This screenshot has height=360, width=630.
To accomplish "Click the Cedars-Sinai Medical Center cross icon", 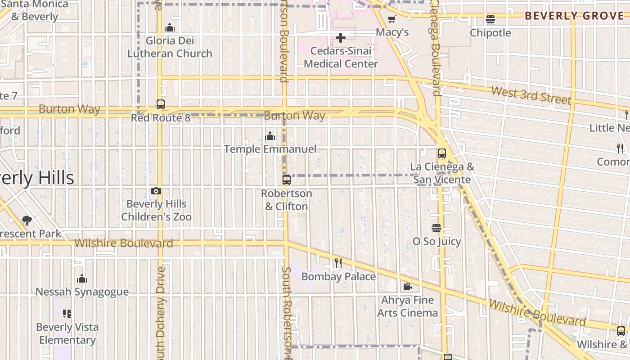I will pyautogui.click(x=341, y=38).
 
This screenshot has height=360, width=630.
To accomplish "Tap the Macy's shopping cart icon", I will pyautogui.click(x=391, y=19).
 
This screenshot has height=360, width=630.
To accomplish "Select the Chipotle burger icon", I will pyautogui.click(x=490, y=19).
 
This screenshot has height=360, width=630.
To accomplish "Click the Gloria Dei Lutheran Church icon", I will pyautogui.click(x=170, y=27).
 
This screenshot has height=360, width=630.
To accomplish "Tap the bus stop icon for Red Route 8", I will pyautogui.click(x=161, y=104).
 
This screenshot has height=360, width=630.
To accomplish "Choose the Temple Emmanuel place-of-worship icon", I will pyautogui.click(x=270, y=135).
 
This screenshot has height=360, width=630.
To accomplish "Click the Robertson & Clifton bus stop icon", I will pyautogui.click(x=287, y=180).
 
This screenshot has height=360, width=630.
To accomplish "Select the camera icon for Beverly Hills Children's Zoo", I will pyautogui.click(x=156, y=191).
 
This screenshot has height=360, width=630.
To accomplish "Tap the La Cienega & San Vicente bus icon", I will pyautogui.click(x=442, y=153).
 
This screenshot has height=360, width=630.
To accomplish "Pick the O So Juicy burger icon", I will pyautogui.click(x=436, y=228).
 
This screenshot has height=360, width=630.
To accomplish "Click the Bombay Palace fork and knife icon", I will pyautogui.click(x=338, y=263).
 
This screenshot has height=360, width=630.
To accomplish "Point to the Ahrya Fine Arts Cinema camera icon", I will pyautogui.click(x=407, y=286).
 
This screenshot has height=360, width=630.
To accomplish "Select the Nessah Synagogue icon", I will pyautogui.click(x=82, y=279).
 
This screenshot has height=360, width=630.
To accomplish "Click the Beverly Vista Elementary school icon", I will pyautogui.click(x=67, y=313).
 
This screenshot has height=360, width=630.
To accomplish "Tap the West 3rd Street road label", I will pyautogui.click(x=531, y=95).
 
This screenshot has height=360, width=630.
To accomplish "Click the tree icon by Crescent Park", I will pyautogui.click(x=27, y=220).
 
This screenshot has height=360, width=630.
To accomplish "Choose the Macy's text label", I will pyautogui.click(x=392, y=32).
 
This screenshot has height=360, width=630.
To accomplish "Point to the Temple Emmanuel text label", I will pyautogui.click(x=270, y=149).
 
